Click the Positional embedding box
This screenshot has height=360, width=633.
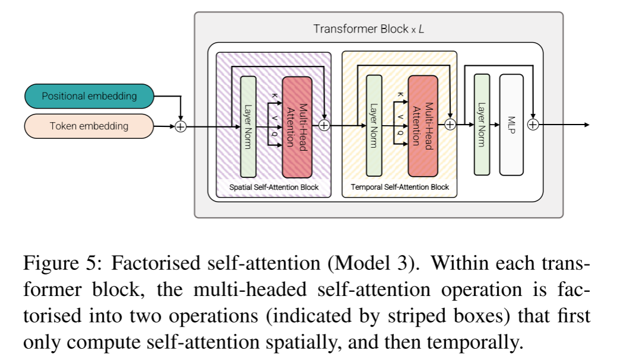tap(89, 96)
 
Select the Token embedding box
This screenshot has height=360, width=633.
tap(89, 126)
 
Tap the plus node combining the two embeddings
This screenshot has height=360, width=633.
tap(180, 126)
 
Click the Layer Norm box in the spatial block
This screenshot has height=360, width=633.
tap(248, 126)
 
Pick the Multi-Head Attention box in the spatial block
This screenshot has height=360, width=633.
tap(297, 126)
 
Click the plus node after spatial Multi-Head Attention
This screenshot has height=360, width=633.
tap(324, 125)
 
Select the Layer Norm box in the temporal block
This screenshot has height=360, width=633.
tap(374, 126)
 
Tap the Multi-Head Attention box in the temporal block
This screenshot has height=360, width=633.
tap(423, 126)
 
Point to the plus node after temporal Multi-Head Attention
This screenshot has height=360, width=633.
tap(450, 125)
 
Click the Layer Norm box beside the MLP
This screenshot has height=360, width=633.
tap(482, 125)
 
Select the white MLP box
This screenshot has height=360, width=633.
tap(511, 125)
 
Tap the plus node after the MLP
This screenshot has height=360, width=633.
tap(533, 125)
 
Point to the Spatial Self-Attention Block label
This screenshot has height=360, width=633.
tap(274, 187)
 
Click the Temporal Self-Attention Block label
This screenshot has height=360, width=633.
tap(400, 187)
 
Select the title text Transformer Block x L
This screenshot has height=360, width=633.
tap(368, 28)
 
